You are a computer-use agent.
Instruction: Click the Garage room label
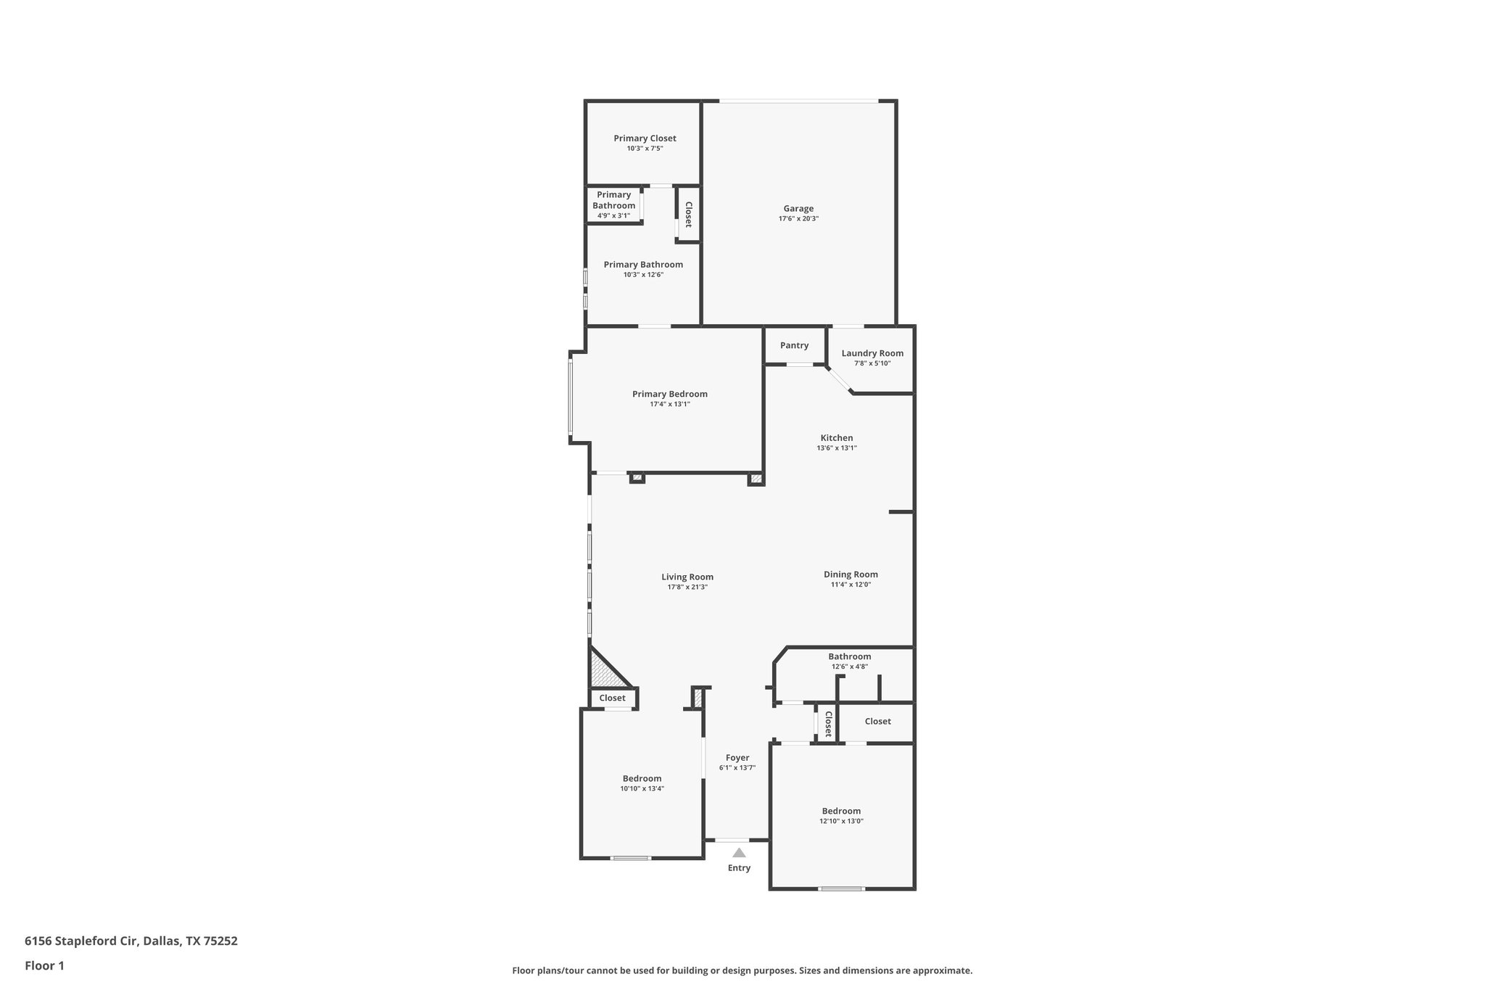pos(798,209)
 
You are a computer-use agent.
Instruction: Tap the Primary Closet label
pos(645,139)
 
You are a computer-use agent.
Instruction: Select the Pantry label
pos(794,346)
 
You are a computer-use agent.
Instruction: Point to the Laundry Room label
pos(872,354)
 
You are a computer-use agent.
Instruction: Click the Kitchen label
pos(837,438)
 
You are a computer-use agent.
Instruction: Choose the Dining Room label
pos(851,574)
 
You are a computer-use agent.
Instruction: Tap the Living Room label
pos(687,577)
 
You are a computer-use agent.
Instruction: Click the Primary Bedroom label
pos(669,395)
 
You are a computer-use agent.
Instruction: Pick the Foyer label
pos(737,758)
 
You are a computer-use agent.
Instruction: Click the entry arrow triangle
pos(739,853)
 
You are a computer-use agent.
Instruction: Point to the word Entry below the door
pos(739,868)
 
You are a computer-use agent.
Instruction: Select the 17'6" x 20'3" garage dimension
pos(798,219)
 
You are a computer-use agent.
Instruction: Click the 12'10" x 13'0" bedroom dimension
pos(841,821)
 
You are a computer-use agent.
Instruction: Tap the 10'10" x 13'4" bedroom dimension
pos(642,788)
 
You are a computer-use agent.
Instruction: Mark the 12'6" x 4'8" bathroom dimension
pos(849,667)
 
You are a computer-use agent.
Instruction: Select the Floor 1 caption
pos(44,966)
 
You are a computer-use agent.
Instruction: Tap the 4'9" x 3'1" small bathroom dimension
pos(613,215)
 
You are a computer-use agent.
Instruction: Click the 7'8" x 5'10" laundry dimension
pos(872,363)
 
